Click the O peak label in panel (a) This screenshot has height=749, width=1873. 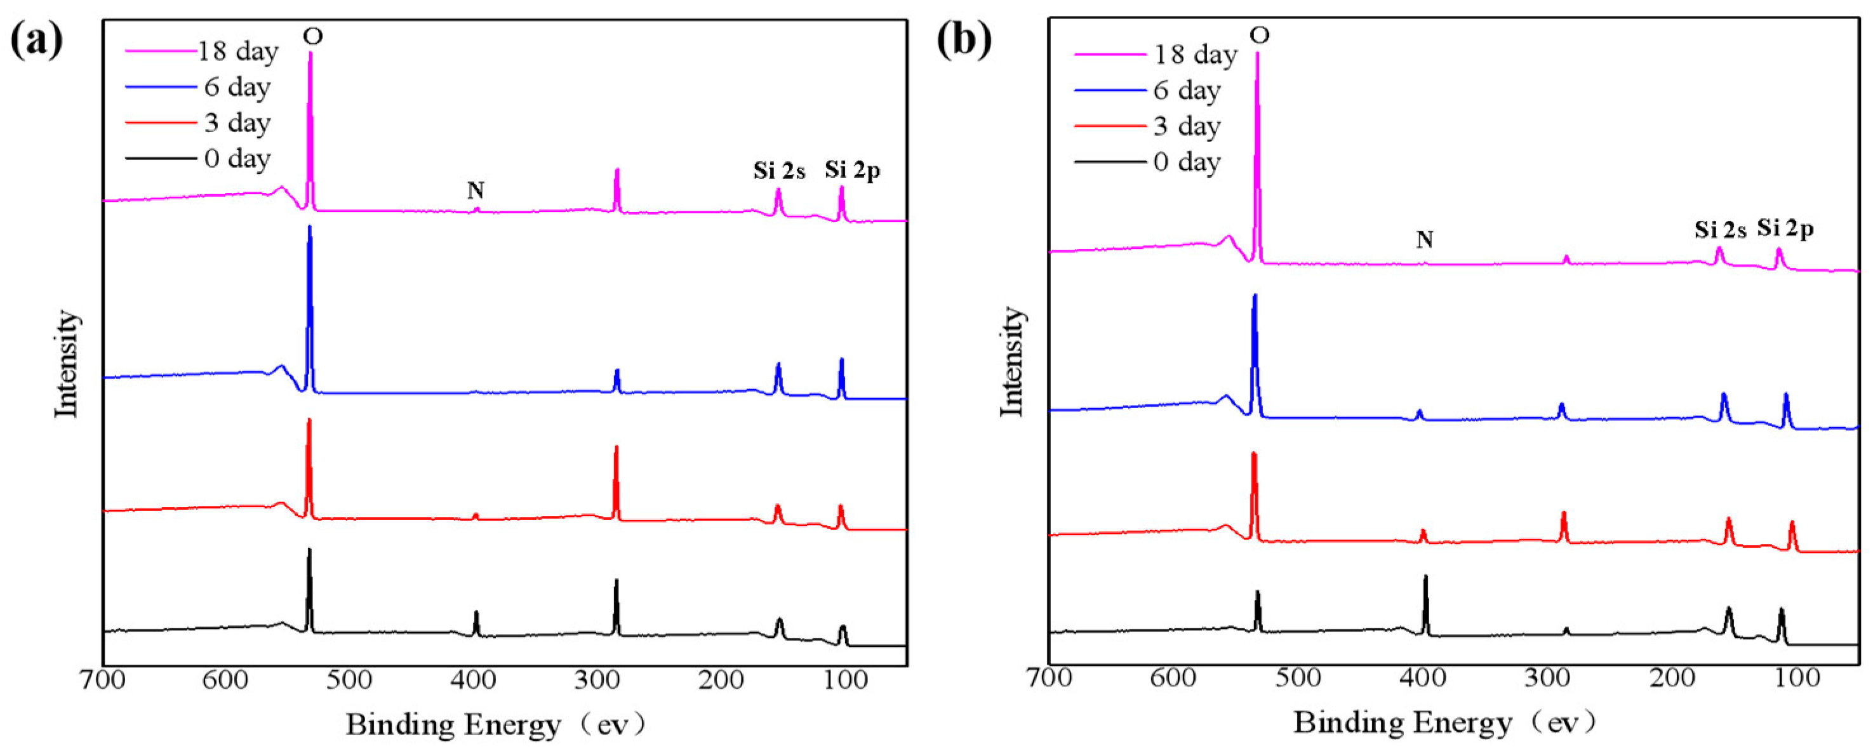pos(312,36)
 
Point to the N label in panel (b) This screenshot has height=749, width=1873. pos(1424,239)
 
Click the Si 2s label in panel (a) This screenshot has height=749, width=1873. pos(778,171)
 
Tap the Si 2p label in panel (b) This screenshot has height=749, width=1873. pos(1786,229)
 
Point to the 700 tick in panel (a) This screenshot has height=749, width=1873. pos(104,681)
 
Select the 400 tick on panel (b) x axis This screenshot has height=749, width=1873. pos(1424,679)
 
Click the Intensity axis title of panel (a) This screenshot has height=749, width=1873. pos(67,364)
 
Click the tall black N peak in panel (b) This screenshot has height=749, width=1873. pos(1425,578)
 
